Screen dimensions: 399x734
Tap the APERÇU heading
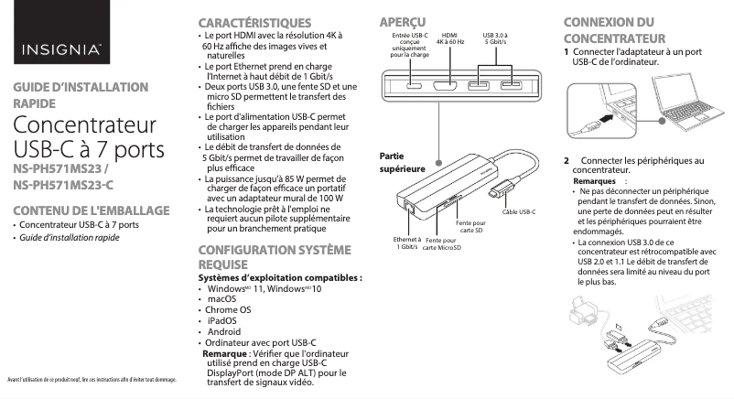[x=403, y=21]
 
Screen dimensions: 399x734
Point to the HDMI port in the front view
[x=448, y=86]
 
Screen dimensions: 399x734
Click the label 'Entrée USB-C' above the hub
[x=409, y=35]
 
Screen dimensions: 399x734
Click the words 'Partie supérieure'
[x=401, y=162]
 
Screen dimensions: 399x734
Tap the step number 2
[x=567, y=160]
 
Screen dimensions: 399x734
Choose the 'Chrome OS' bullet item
[x=228, y=309]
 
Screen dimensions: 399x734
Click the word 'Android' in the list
[x=224, y=331]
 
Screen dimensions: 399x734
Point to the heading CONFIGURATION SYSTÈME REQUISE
[x=261, y=256]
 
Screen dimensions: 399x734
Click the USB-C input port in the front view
[x=415, y=86]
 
